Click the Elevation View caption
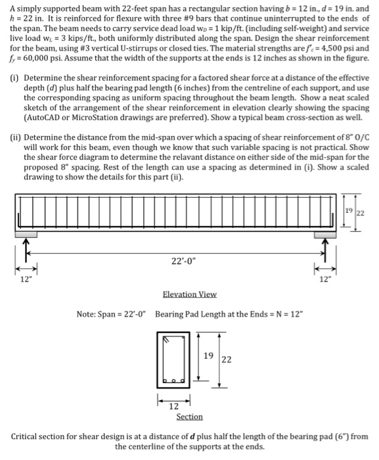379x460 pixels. [x=189, y=294]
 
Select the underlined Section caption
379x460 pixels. [x=190, y=417]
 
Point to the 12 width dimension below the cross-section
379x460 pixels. [x=173, y=407]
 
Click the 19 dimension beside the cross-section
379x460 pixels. [x=209, y=356]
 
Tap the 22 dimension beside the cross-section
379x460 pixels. [x=227, y=359]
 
